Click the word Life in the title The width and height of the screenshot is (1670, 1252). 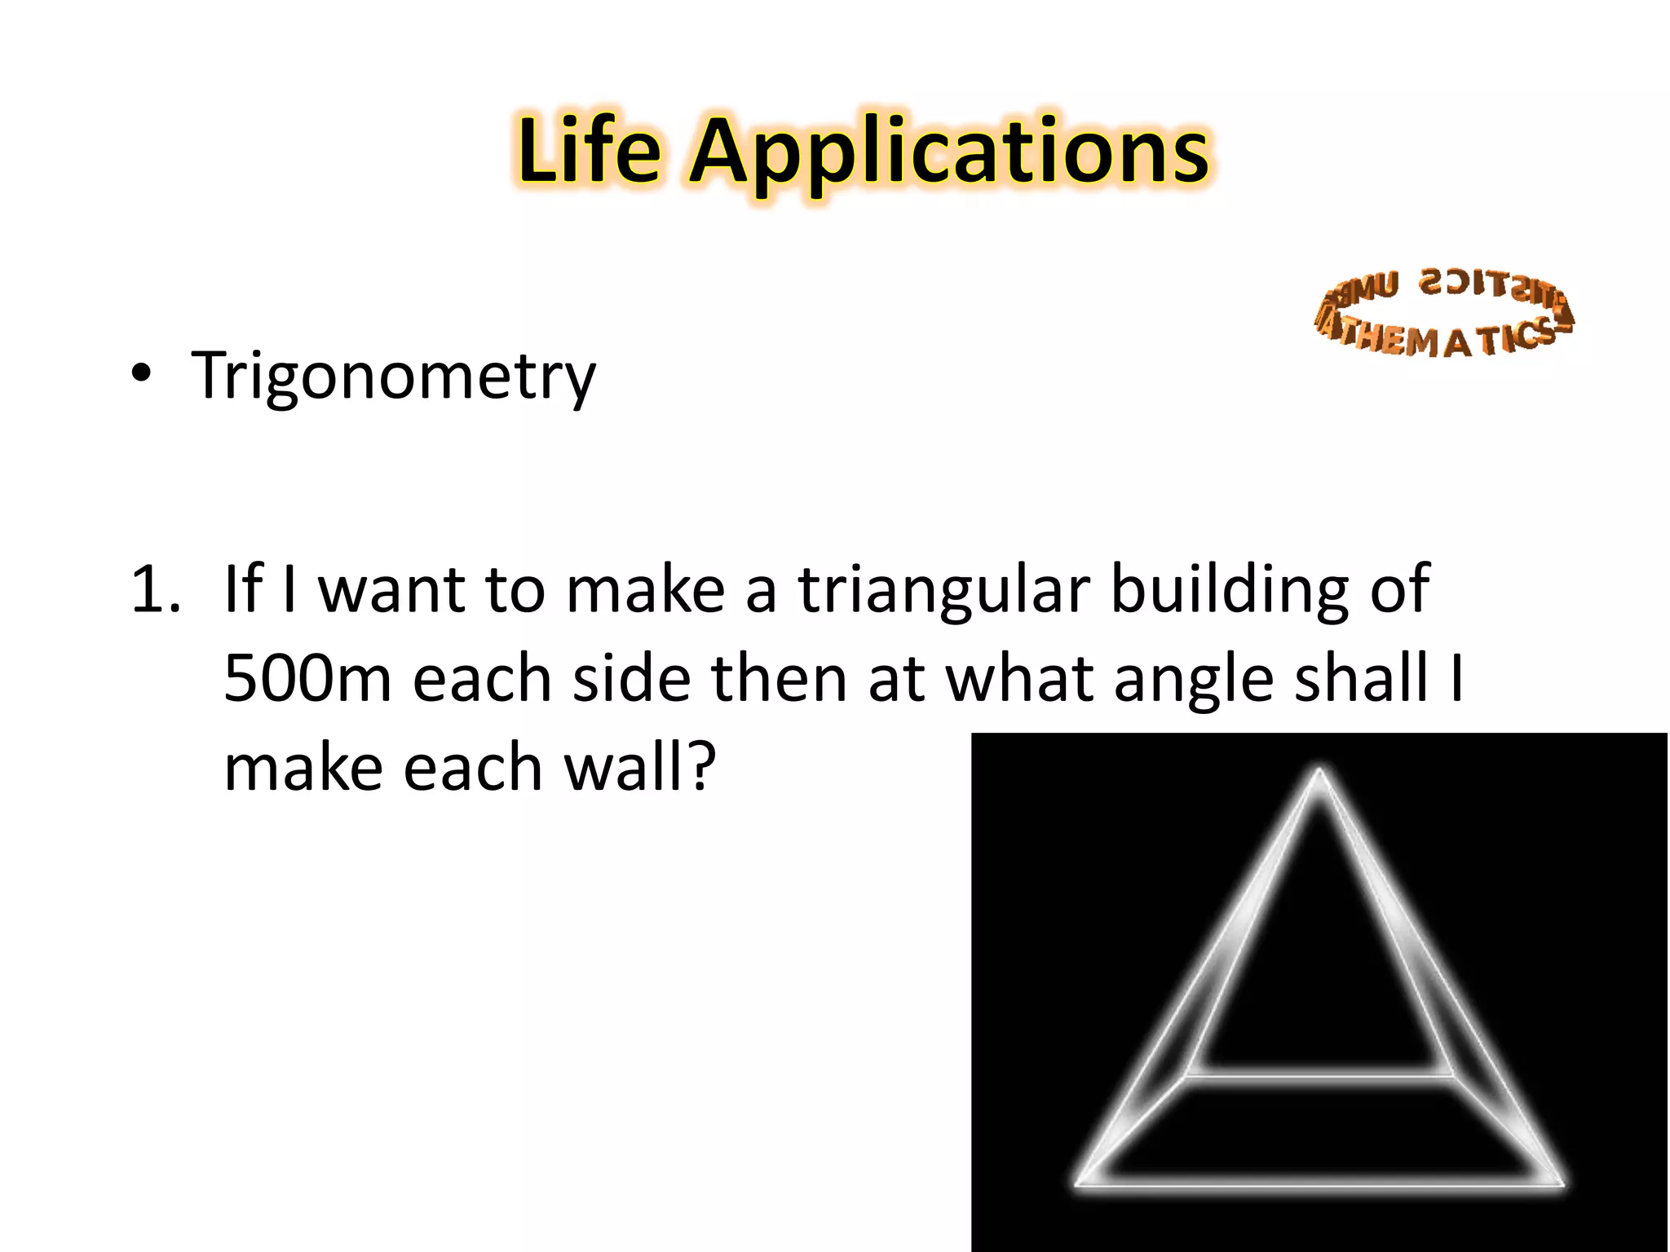pyautogui.click(x=589, y=151)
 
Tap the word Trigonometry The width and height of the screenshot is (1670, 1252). pyautogui.click(x=393, y=377)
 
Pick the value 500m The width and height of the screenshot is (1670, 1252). pyautogui.click(x=307, y=678)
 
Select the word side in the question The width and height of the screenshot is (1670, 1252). pyautogui.click(x=632, y=678)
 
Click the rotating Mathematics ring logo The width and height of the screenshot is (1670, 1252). pyautogui.click(x=1443, y=314)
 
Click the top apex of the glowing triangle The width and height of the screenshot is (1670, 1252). pyautogui.click(x=1319, y=770)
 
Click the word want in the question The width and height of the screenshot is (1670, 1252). pyautogui.click(x=391, y=590)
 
